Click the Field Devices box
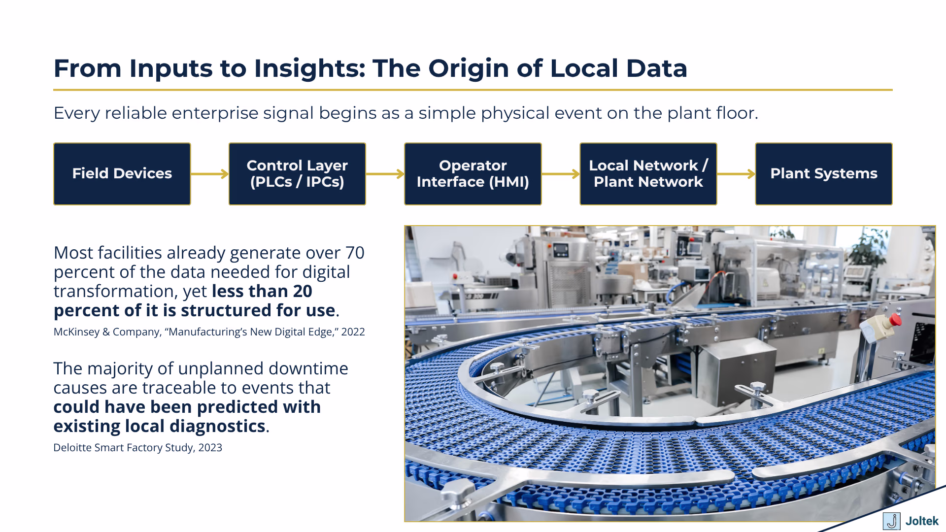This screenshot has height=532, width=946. point(122,174)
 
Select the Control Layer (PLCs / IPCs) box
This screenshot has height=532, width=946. point(297,174)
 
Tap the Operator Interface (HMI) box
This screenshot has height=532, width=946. point(473,174)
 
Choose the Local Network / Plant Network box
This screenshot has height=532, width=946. point(648,174)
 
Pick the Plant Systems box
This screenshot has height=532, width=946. point(823,174)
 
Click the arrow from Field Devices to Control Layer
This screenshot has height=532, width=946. point(209,174)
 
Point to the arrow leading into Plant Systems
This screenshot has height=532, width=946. point(736,174)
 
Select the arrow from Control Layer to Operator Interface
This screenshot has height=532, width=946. point(385,174)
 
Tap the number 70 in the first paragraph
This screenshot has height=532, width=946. point(354,253)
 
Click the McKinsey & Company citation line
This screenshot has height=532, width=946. point(209,332)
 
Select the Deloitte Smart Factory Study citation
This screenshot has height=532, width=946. point(137,448)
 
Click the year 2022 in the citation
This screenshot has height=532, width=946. point(353,332)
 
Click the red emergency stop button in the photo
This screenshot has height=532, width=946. point(895,320)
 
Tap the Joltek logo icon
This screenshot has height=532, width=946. point(891,521)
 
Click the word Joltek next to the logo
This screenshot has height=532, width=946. point(922,521)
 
